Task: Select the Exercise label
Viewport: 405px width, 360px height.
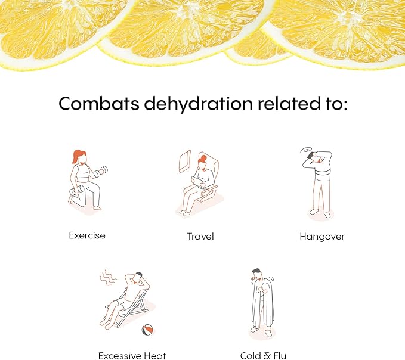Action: pos(87,235)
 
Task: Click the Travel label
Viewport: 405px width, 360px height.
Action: pos(200,237)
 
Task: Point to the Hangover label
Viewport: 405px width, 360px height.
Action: pos(322,237)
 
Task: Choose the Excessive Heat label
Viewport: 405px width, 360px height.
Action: pos(132,356)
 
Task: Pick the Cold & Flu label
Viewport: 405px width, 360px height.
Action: pos(263,356)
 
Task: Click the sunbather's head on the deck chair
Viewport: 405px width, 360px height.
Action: pos(138,278)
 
